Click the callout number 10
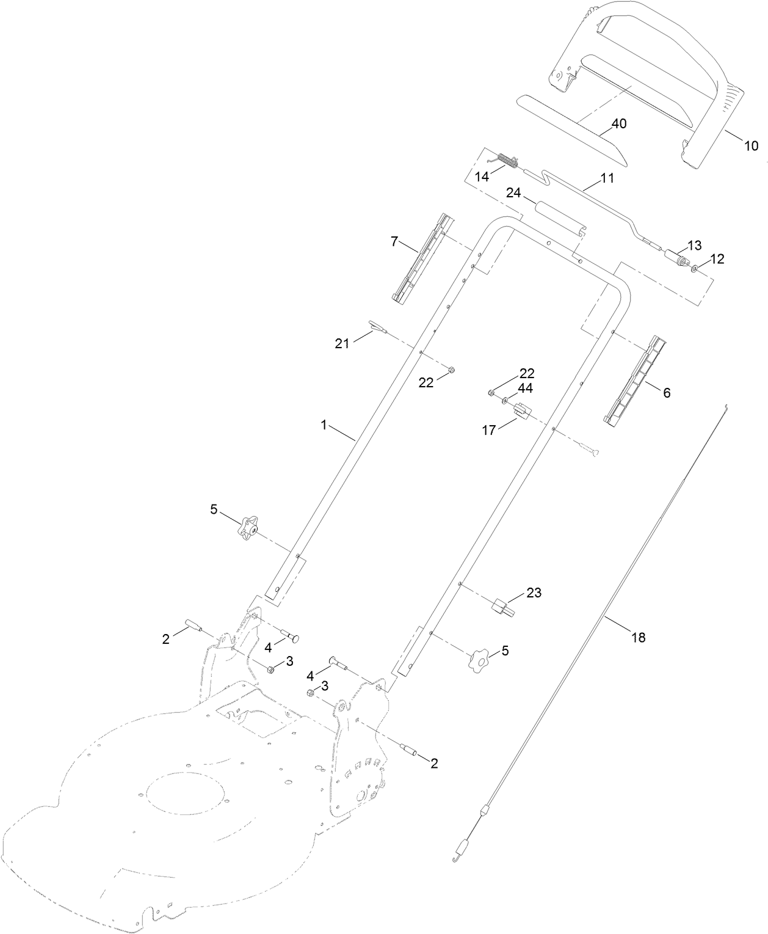[x=751, y=146]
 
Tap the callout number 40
[x=618, y=123]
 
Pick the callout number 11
[x=607, y=178]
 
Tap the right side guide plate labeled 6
[x=633, y=379]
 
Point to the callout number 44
[x=524, y=389]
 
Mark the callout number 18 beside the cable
[x=638, y=637]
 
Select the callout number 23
[x=534, y=593]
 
